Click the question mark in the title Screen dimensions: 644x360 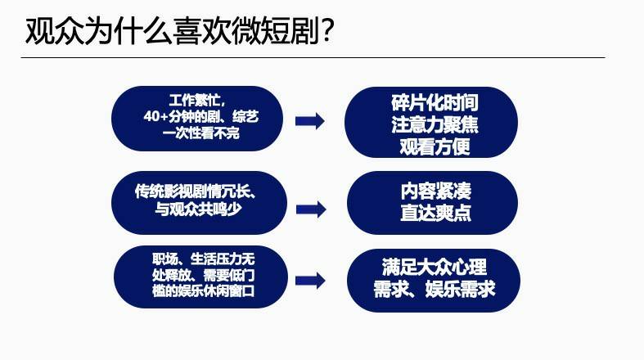[327, 30]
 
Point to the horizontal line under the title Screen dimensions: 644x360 [313, 58]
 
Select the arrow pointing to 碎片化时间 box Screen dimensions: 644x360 [310, 121]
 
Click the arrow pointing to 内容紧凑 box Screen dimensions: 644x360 [311, 209]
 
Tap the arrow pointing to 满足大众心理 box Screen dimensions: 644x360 [310, 281]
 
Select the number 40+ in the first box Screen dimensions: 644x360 [156, 116]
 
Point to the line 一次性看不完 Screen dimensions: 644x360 [200, 133]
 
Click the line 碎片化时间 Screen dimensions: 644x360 [435, 102]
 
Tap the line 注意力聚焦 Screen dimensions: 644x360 [435, 125]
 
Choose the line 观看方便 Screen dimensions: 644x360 [435, 147]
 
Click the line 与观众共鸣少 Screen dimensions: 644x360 [198, 209]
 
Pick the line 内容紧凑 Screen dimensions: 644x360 [436, 191]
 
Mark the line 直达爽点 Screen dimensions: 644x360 [436, 213]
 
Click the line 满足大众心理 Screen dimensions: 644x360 [435, 268]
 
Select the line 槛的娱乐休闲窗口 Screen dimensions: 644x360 [204, 290]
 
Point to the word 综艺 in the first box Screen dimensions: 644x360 [245, 116]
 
